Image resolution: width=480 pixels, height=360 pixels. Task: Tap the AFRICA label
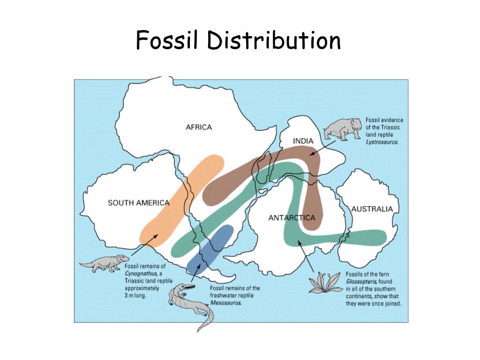pyautogui.click(x=199, y=127)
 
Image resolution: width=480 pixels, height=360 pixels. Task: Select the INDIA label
pyautogui.click(x=303, y=141)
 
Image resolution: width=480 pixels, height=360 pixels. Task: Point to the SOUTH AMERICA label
pyautogui.click(x=138, y=203)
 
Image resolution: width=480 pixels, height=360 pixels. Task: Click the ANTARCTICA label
pyautogui.click(x=292, y=217)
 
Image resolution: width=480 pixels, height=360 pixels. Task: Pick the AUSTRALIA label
pyautogui.click(x=372, y=209)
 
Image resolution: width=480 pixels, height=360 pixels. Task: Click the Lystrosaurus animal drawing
pyautogui.click(x=343, y=128)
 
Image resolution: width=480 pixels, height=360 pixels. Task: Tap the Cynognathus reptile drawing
pyautogui.click(x=104, y=263)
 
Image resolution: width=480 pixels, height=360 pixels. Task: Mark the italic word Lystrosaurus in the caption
pyautogui.click(x=382, y=141)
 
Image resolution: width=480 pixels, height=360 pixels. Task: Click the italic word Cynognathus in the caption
pyautogui.click(x=140, y=273)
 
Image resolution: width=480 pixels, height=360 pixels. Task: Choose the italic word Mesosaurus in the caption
pyautogui.click(x=226, y=302)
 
